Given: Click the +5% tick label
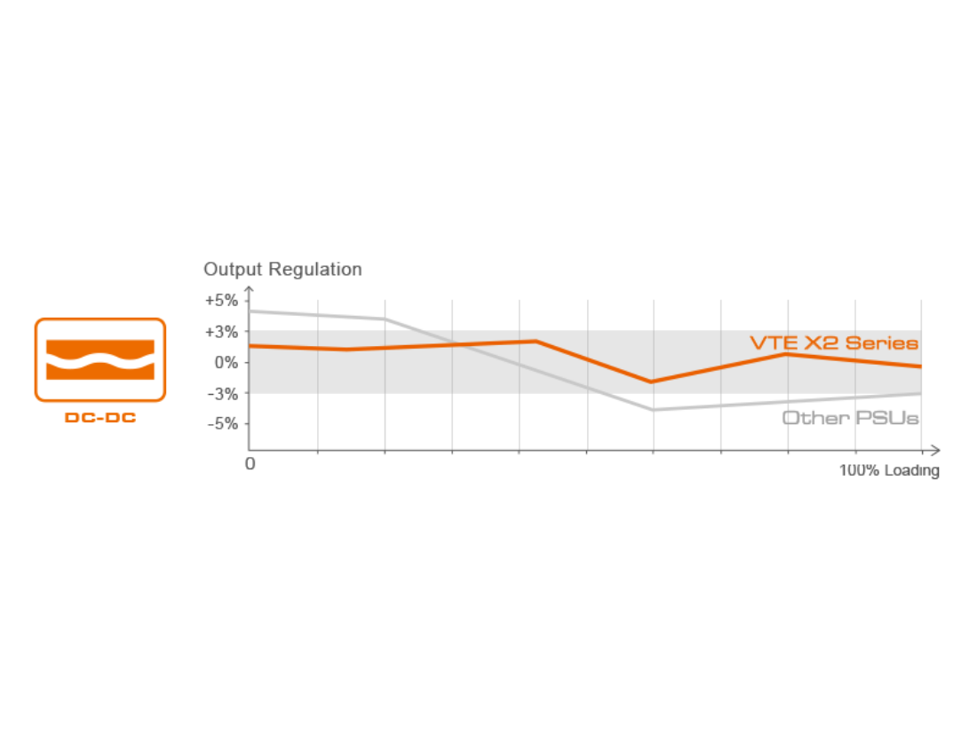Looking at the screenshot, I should (x=221, y=300).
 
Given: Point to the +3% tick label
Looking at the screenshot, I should (x=221, y=331).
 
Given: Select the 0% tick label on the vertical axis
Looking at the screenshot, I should (x=225, y=362).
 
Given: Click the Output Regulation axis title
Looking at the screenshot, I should (x=282, y=269).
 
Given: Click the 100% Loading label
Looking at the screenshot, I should (x=889, y=471).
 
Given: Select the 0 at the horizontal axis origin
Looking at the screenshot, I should (x=250, y=463).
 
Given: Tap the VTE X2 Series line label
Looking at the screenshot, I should (x=834, y=343).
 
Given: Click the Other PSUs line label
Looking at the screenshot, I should (x=850, y=417).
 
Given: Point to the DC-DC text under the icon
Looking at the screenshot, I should (x=99, y=417).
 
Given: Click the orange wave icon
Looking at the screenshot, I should (x=99, y=360).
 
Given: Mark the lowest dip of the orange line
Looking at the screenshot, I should (x=654, y=382).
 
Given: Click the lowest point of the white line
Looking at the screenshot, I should (x=654, y=410).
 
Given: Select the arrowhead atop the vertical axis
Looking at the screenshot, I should (x=250, y=288).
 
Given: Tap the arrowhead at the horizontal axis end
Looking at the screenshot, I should (x=935, y=449).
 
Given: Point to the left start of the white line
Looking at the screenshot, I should (x=251, y=311).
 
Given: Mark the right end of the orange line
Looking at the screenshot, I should (x=921, y=366).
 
